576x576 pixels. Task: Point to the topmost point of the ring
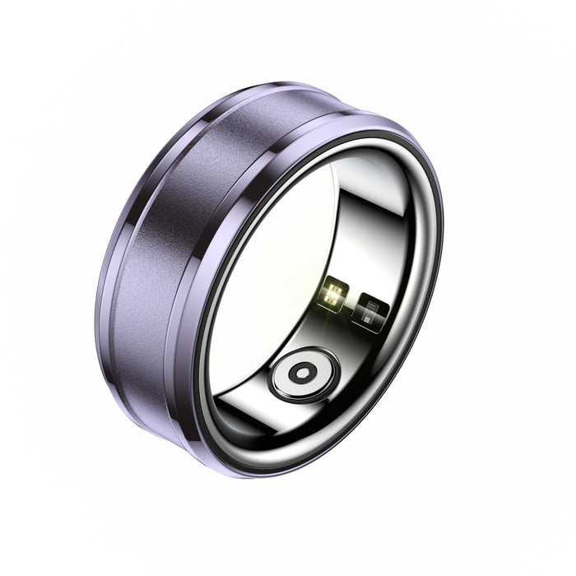[280, 81]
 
